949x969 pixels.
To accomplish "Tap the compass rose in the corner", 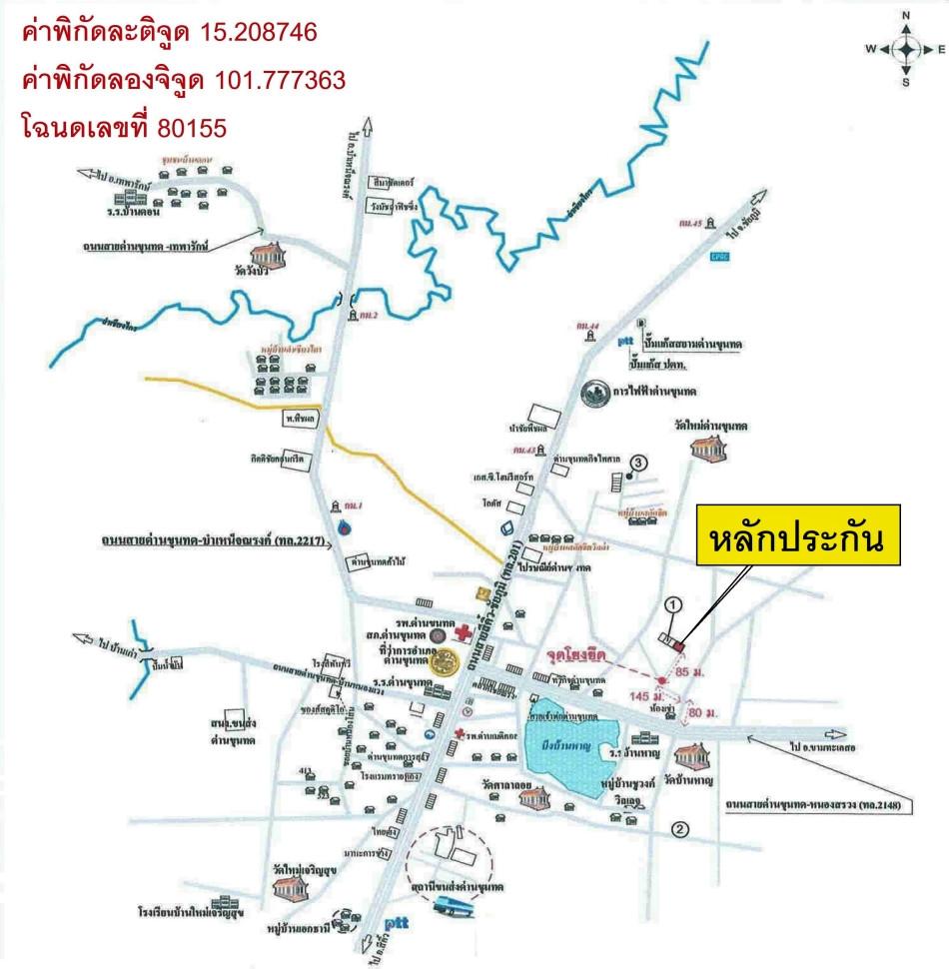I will coord(906,49).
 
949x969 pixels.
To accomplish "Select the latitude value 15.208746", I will coord(254,34).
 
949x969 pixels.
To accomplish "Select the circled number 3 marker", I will coord(639,462).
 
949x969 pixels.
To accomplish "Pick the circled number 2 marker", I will coord(680,828).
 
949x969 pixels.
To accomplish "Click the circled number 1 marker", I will coord(672,603).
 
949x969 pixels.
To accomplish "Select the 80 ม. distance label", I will coord(703,711).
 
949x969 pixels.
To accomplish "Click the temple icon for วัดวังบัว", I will coord(273,262).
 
